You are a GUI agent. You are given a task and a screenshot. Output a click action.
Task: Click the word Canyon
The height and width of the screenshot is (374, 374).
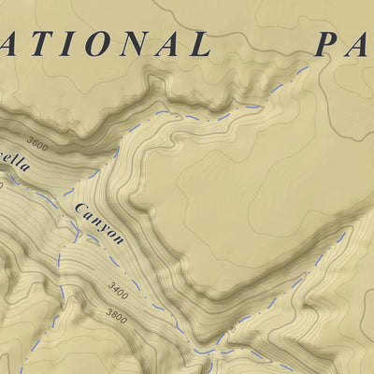100,223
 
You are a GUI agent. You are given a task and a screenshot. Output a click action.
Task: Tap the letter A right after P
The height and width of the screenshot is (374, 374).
361,43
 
